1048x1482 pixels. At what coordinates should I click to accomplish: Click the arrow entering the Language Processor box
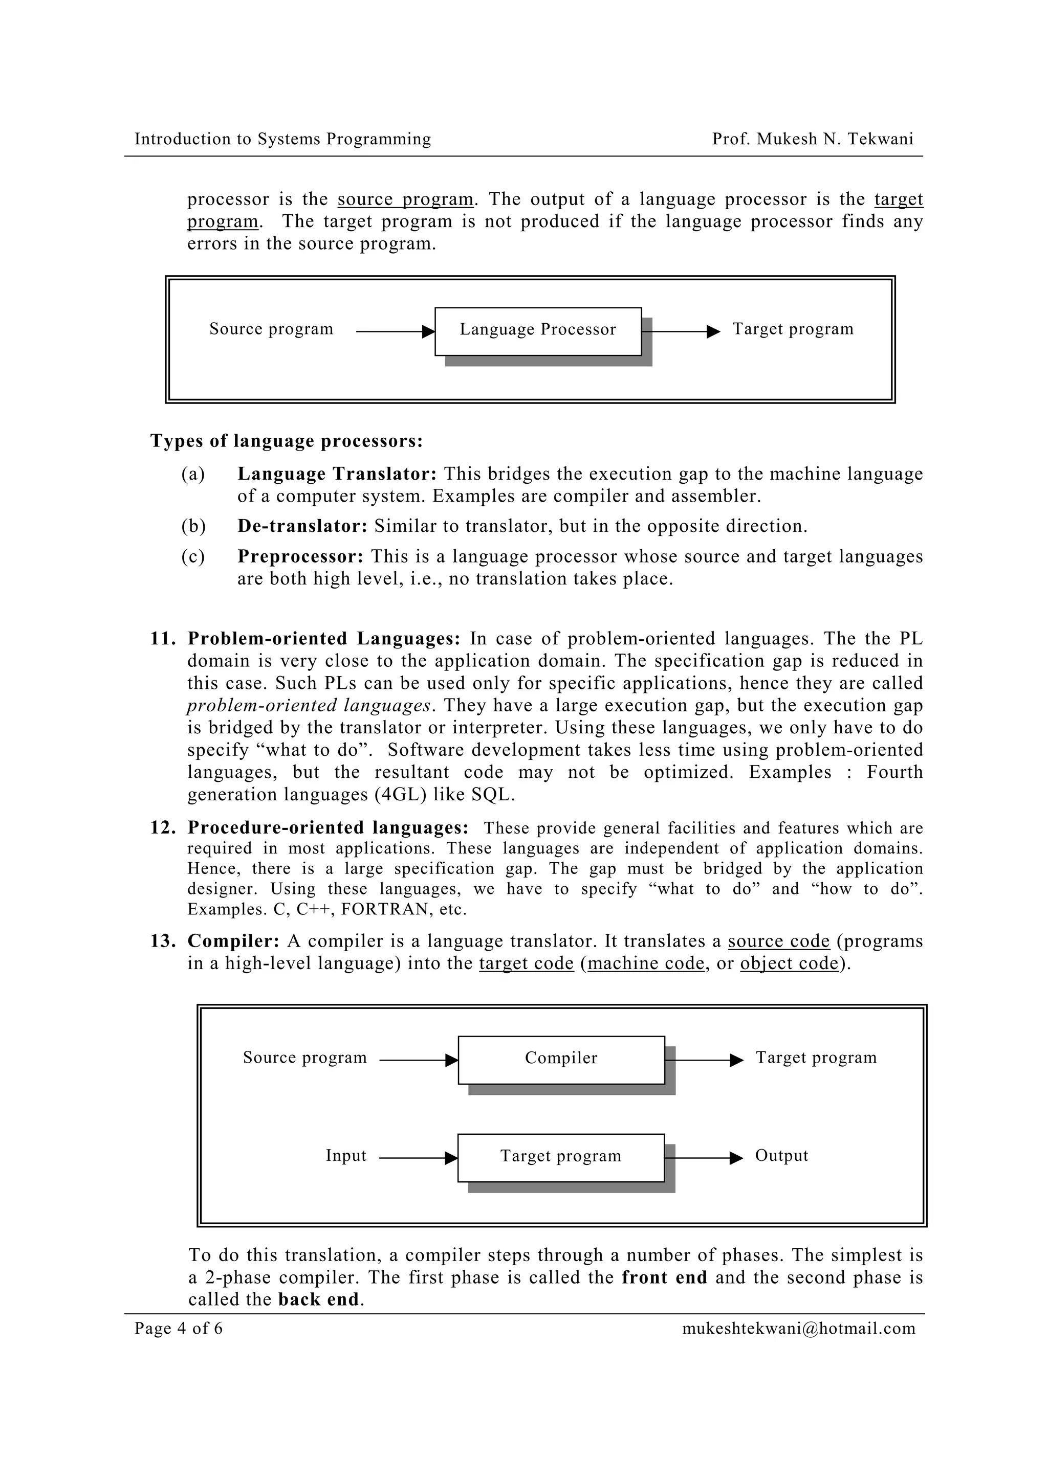[395, 332]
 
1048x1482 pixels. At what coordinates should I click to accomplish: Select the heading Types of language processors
[286, 441]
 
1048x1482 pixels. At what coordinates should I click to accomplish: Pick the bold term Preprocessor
[301, 556]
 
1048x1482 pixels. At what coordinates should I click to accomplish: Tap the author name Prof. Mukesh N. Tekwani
[812, 139]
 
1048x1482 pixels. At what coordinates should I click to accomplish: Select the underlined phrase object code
[789, 963]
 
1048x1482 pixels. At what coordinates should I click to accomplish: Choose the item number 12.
[163, 828]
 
